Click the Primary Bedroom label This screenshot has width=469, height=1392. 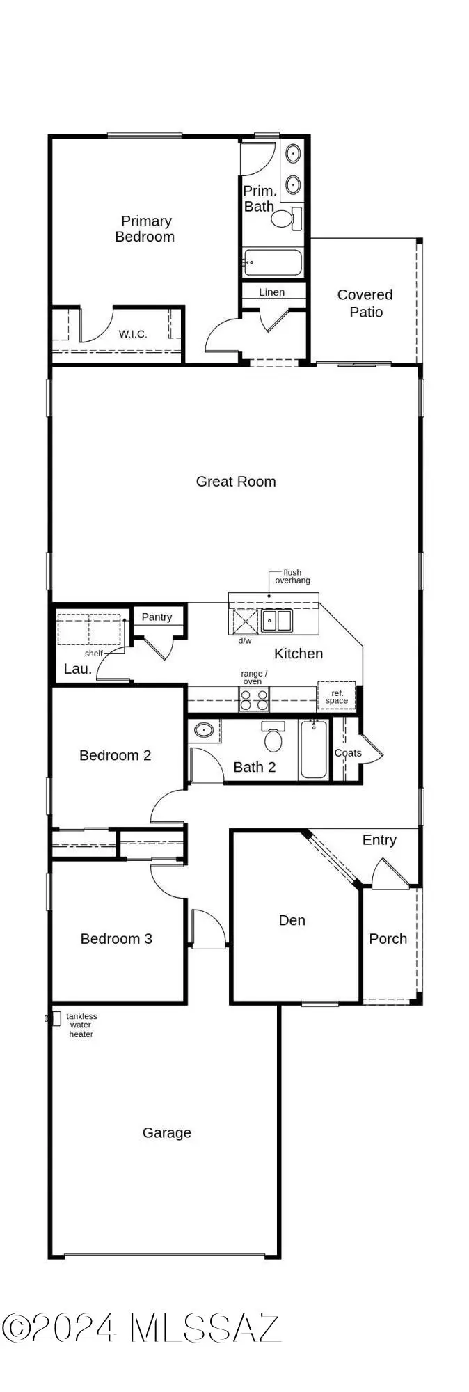point(145,229)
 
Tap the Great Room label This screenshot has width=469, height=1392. point(236,481)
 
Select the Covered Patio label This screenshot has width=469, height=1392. point(365,303)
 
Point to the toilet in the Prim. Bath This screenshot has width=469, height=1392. point(284,219)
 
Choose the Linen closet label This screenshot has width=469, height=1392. point(271,292)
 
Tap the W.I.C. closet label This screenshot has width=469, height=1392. point(132,334)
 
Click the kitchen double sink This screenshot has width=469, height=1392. point(277,619)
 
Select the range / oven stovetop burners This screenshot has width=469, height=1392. point(254,699)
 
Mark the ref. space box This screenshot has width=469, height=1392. point(336,697)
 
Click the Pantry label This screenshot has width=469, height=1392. point(157,617)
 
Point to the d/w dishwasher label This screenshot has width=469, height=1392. point(245,640)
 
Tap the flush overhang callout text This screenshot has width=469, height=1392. point(292,576)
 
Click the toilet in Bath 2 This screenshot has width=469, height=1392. point(273,738)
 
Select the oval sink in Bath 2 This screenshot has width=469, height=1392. point(204,731)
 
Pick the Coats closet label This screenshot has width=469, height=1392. point(348,753)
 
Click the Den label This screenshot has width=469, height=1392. point(292,920)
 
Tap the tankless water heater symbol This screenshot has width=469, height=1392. point(53,1018)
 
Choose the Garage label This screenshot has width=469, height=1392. point(166,1132)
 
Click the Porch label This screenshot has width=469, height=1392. point(388,938)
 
